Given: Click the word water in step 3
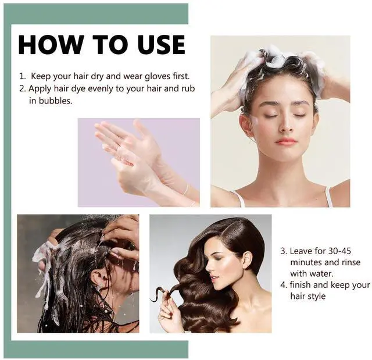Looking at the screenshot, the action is (x=323, y=273).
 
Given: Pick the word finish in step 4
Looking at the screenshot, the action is (x=300, y=285).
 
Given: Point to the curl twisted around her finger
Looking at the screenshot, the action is (x=164, y=293).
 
